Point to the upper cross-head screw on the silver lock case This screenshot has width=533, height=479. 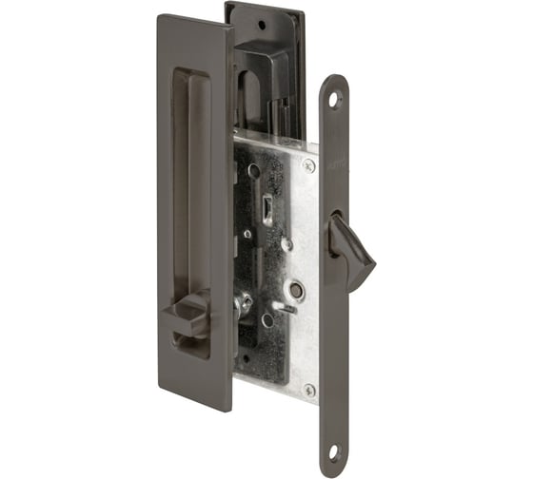point(308,163)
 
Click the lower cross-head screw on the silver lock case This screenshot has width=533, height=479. point(308,390)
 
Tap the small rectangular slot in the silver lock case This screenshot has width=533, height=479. point(267,207)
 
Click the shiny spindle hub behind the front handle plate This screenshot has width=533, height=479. point(244,301)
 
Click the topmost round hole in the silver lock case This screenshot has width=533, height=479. point(253,171)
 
